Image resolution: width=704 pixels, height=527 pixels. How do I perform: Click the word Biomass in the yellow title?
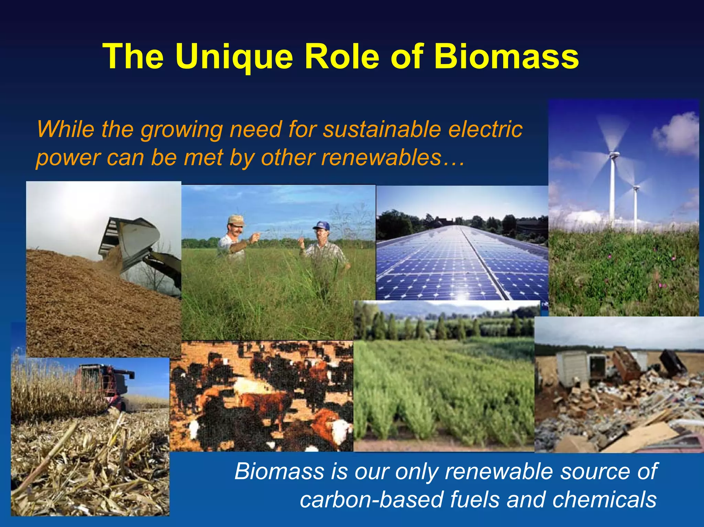pos(506,57)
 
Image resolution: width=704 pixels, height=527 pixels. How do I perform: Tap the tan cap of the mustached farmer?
pos(236,220)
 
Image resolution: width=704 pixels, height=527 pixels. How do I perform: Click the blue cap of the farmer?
pos(321,226)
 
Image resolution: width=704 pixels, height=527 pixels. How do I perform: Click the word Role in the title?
pos(341,57)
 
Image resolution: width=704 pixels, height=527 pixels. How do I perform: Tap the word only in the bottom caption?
pos(416,471)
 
